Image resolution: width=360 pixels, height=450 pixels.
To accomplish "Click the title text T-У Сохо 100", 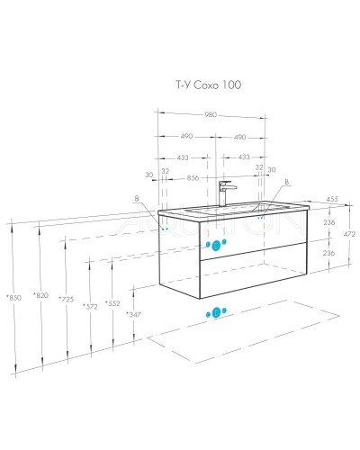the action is pyautogui.click(x=208, y=85).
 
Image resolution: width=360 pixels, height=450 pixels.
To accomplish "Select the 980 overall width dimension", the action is pyautogui.click(x=211, y=114).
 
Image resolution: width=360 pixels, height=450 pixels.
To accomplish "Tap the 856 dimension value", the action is pyautogui.click(x=193, y=178).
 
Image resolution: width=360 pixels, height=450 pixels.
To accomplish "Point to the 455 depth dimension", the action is pyautogui.click(x=332, y=199).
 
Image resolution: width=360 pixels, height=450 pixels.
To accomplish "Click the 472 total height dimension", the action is pyautogui.click(x=349, y=234).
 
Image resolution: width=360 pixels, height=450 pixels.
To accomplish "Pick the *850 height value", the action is pyautogui.click(x=14, y=298).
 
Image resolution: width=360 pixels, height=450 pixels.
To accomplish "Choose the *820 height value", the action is pyautogui.click(x=40, y=295).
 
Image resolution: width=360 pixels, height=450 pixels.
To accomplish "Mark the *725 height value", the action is pyautogui.click(x=66, y=299).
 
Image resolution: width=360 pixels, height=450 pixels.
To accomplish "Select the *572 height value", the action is pyautogui.click(x=90, y=306).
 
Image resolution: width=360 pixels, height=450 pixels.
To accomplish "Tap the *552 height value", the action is pyautogui.click(x=112, y=303).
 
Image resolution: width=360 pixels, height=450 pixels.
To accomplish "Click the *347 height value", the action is pyautogui.click(x=133, y=314).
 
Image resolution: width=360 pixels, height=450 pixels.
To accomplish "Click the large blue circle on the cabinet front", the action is pyautogui.click(x=216, y=246).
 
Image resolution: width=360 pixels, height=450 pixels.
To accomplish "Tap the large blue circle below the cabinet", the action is pyautogui.click(x=216, y=313).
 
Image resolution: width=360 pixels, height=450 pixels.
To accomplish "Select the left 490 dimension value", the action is pyautogui.click(x=186, y=136).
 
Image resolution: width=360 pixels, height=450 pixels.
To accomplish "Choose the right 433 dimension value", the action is pyautogui.click(x=244, y=157).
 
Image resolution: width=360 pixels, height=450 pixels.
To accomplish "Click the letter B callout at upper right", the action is pyautogui.click(x=286, y=182).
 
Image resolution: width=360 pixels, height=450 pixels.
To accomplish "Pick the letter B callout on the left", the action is pyautogui.click(x=137, y=198).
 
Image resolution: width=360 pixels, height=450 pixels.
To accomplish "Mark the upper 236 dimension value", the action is pyautogui.click(x=329, y=222).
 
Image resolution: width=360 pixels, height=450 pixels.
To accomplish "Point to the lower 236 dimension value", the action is pyautogui.click(x=328, y=253).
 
